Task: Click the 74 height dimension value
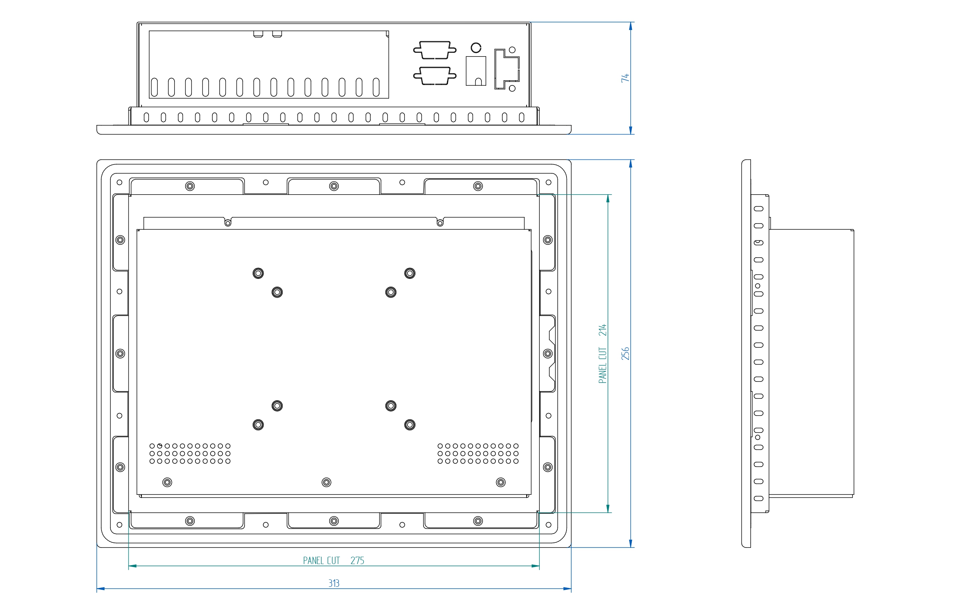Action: pyautogui.click(x=625, y=78)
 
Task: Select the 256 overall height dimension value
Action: pyautogui.click(x=625, y=354)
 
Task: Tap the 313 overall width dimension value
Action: pyautogui.click(x=334, y=583)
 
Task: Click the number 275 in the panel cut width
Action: pyautogui.click(x=357, y=560)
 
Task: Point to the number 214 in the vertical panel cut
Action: pyautogui.click(x=602, y=330)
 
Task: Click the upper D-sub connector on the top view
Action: pyautogui.click(x=435, y=50)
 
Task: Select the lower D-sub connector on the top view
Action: pyautogui.click(x=435, y=76)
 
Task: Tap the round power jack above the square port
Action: pyautogui.click(x=476, y=48)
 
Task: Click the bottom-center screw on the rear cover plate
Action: pyautogui.click(x=326, y=483)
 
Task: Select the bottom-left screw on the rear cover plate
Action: pyautogui.click(x=168, y=483)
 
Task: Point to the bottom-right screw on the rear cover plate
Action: pyautogui.click(x=501, y=483)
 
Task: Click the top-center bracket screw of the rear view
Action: pyautogui.click(x=334, y=186)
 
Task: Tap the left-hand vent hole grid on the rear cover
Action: pyautogui.click(x=190, y=453)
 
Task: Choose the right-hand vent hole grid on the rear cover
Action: pyautogui.click(x=478, y=453)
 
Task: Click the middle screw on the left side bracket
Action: pyautogui.click(x=120, y=354)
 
